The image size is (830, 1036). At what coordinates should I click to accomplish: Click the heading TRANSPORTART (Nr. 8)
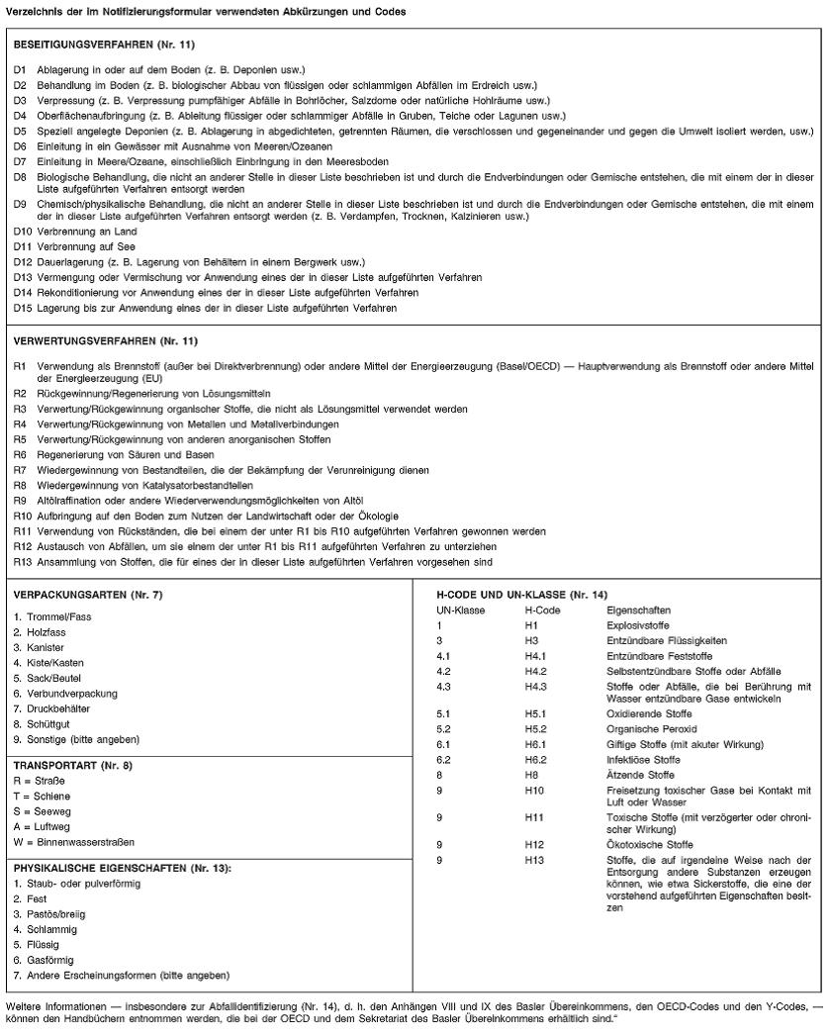click(x=66, y=764)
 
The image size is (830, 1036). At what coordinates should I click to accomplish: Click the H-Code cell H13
click(x=533, y=860)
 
